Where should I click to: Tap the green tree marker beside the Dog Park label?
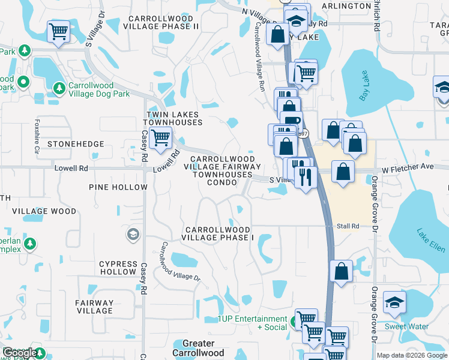[x=59, y=89]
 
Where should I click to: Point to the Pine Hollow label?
[x=118, y=187]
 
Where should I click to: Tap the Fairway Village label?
[x=95, y=307]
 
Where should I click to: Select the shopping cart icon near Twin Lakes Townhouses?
[x=160, y=139]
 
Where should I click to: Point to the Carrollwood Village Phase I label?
[x=219, y=233]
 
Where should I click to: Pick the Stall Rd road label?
[x=348, y=226]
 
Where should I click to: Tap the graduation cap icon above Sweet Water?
[x=394, y=302]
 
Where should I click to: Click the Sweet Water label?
[x=406, y=327]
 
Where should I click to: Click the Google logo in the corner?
[x=19, y=353]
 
